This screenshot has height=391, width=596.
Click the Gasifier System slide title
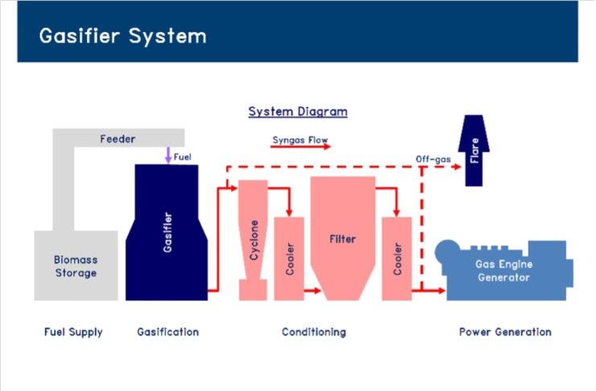(x=123, y=36)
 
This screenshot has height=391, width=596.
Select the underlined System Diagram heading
(x=298, y=112)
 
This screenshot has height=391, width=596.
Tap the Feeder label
(x=117, y=139)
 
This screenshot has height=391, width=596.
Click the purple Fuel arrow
(x=168, y=155)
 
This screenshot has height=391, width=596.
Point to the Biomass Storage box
(x=76, y=265)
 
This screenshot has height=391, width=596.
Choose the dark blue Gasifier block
(x=166, y=233)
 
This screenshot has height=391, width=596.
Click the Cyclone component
(x=253, y=240)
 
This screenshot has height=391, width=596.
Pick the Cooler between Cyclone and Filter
(x=290, y=258)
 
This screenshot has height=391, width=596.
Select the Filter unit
(x=343, y=238)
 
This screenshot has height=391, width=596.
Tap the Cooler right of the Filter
(x=397, y=258)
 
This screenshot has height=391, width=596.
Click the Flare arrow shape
(x=474, y=150)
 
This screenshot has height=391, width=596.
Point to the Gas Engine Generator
(x=504, y=270)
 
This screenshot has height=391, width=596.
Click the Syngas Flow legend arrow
(x=300, y=146)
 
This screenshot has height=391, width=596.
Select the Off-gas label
(x=433, y=159)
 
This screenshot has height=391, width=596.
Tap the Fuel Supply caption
(x=73, y=332)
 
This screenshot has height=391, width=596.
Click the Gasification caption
(x=168, y=332)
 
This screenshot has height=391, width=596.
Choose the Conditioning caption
(x=314, y=332)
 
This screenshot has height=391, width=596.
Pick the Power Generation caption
(x=505, y=332)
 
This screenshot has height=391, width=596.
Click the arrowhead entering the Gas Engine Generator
(x=442, y=291)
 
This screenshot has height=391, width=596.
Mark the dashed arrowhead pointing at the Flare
(x=457, y=167)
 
